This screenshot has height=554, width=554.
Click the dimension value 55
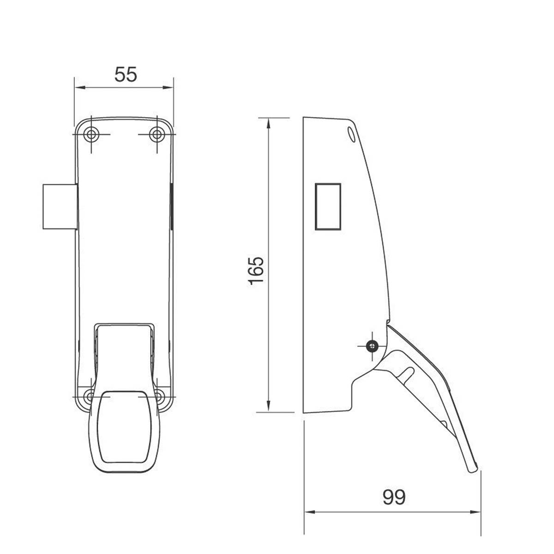(x=126, y=74)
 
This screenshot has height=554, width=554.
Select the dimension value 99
(x=394, y=497)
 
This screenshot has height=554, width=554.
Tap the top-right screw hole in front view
(x=157, y=134)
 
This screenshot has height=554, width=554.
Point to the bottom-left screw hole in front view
(x=90, y=396)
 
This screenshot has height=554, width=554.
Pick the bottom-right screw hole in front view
(x=159, y=396)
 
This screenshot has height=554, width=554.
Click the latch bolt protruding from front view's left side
(x=59, y=206)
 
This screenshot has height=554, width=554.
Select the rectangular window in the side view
(x=328, y=206)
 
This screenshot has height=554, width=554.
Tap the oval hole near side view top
(x=350, y=133)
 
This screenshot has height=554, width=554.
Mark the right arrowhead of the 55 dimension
(x=170, y=87)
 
